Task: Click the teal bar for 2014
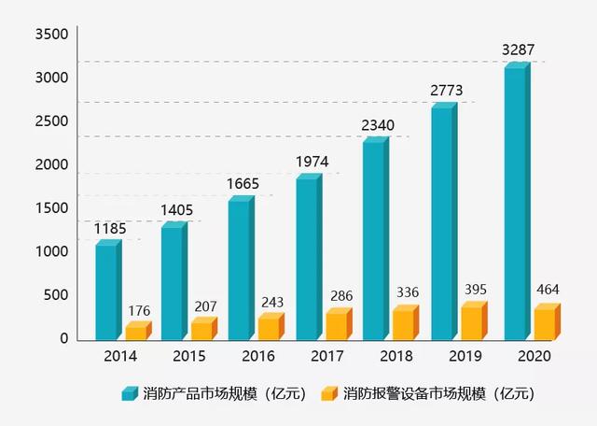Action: point(107,291)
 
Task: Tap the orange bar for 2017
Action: point(337,323)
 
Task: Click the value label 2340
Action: point(379,125)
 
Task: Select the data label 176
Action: point(138,310)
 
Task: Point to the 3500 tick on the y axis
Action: point(52,35)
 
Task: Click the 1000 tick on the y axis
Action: point(52,251)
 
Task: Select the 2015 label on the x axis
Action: point(189,357)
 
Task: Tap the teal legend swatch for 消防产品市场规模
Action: point(129,393)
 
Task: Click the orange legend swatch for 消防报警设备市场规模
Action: point(327,393)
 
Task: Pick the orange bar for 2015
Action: point(201,329)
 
